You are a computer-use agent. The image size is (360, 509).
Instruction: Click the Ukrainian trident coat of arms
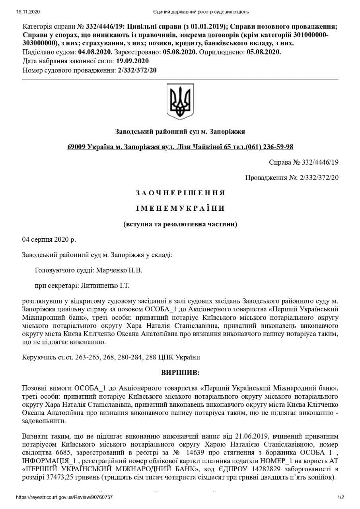(x=180, y=101)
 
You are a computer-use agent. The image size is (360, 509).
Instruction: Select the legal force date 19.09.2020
(x=132, y=61)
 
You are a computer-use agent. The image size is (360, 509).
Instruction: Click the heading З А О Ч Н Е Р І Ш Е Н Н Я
(x=180, y=193)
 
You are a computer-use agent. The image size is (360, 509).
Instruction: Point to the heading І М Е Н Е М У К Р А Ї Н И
(x=180, y=208)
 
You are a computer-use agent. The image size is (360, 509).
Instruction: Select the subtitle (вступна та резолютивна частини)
(x=180, y=224)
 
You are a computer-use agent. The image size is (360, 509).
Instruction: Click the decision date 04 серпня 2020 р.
(x=49, y=239)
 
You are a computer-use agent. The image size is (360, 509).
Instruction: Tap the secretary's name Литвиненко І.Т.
(x=105, y=286)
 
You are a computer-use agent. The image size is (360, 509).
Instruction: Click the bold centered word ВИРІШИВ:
(x=180, y=373)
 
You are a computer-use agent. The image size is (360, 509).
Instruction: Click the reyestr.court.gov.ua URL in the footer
(x=64, y=497)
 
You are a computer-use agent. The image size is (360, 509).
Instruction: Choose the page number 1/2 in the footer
(x=341, y=497)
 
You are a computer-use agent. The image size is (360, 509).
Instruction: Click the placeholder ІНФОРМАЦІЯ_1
(x=45, y=460)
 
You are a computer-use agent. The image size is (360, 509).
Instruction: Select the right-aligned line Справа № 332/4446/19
(x=304, y=162)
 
